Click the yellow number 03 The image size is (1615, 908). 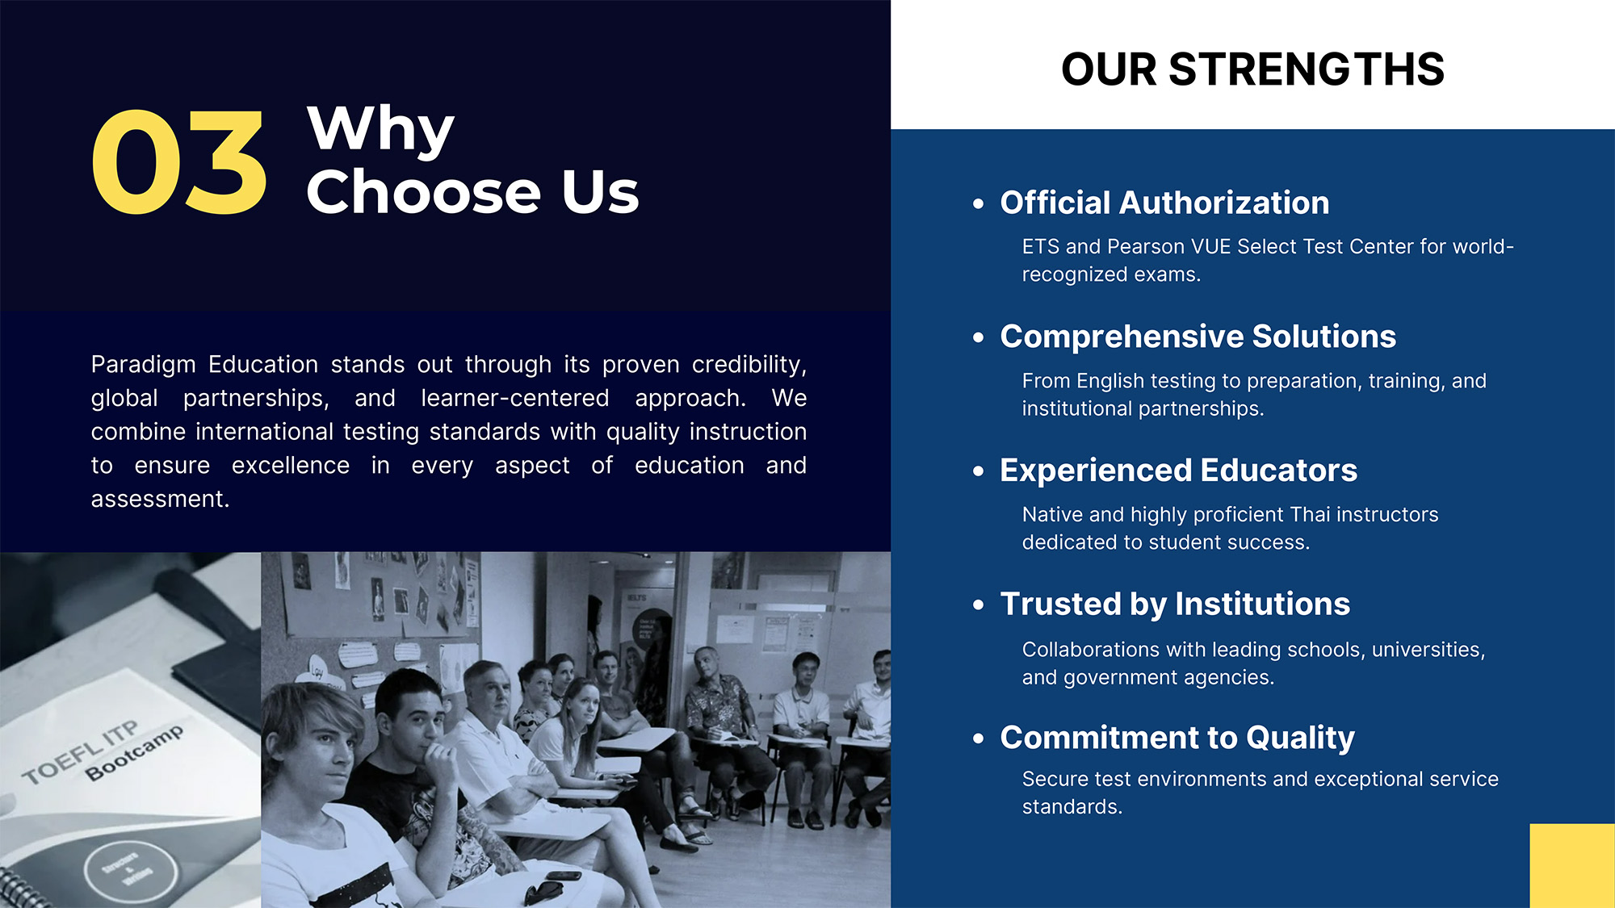[178, 162]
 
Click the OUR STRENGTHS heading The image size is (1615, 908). [1252, 69]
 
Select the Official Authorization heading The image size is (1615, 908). [1164, 203]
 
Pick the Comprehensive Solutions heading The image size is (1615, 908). [1198, 337]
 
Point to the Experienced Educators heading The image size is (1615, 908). [1178, 471]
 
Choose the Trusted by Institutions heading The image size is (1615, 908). [1175, 605]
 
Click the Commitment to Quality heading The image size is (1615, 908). [1177, 739]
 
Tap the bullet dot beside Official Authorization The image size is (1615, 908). [979, 203]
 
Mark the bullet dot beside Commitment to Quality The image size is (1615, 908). [979, 739]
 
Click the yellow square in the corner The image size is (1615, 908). [1572, 866]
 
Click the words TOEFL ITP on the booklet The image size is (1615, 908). [80, 753]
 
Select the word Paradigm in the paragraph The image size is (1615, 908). [144, 365]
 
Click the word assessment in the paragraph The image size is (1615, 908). [160, 500]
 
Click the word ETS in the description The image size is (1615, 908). [1040, 246]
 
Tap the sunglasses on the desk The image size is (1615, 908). [543, 892]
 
